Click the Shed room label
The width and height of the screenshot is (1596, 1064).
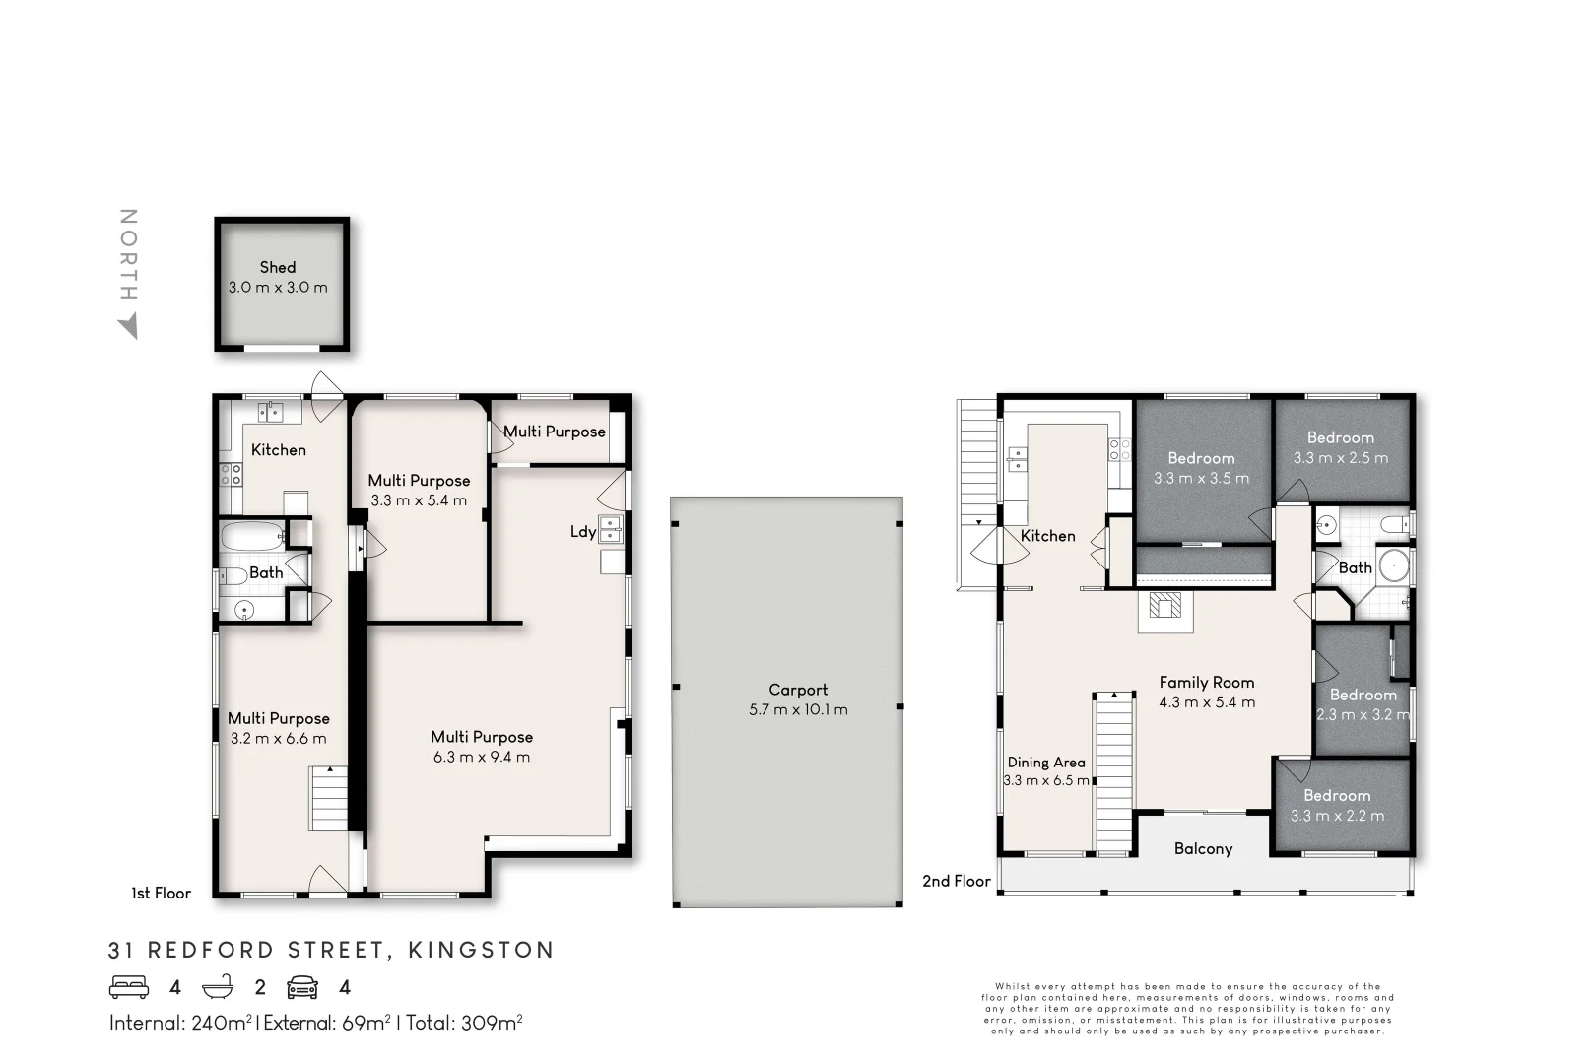(278, 267)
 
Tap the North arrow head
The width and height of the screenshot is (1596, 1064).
(128, 328)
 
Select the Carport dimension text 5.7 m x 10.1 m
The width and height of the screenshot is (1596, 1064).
(798, 709)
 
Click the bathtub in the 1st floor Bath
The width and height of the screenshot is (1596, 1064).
(252, 537)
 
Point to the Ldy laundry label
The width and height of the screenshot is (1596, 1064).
(583, 532)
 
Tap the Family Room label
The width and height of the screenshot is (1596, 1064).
(1206, 682)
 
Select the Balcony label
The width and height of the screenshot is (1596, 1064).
(1203, 848)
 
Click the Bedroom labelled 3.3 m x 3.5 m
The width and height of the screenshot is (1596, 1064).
(1201, 468)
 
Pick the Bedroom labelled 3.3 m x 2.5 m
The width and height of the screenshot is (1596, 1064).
(1340, 447)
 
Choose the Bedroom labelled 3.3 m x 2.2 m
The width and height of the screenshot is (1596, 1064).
(1337, 805)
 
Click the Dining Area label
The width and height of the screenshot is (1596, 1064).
(1046, 762)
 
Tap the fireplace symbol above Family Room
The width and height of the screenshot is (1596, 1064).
(1165, 608)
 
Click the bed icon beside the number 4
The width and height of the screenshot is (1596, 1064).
(129, 987)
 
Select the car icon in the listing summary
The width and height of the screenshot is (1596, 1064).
(302, 987)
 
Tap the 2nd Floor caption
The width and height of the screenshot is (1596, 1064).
(956, 881)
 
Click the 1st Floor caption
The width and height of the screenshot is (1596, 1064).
(161, 893)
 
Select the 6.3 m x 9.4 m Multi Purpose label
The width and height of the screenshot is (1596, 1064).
(481, 747)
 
